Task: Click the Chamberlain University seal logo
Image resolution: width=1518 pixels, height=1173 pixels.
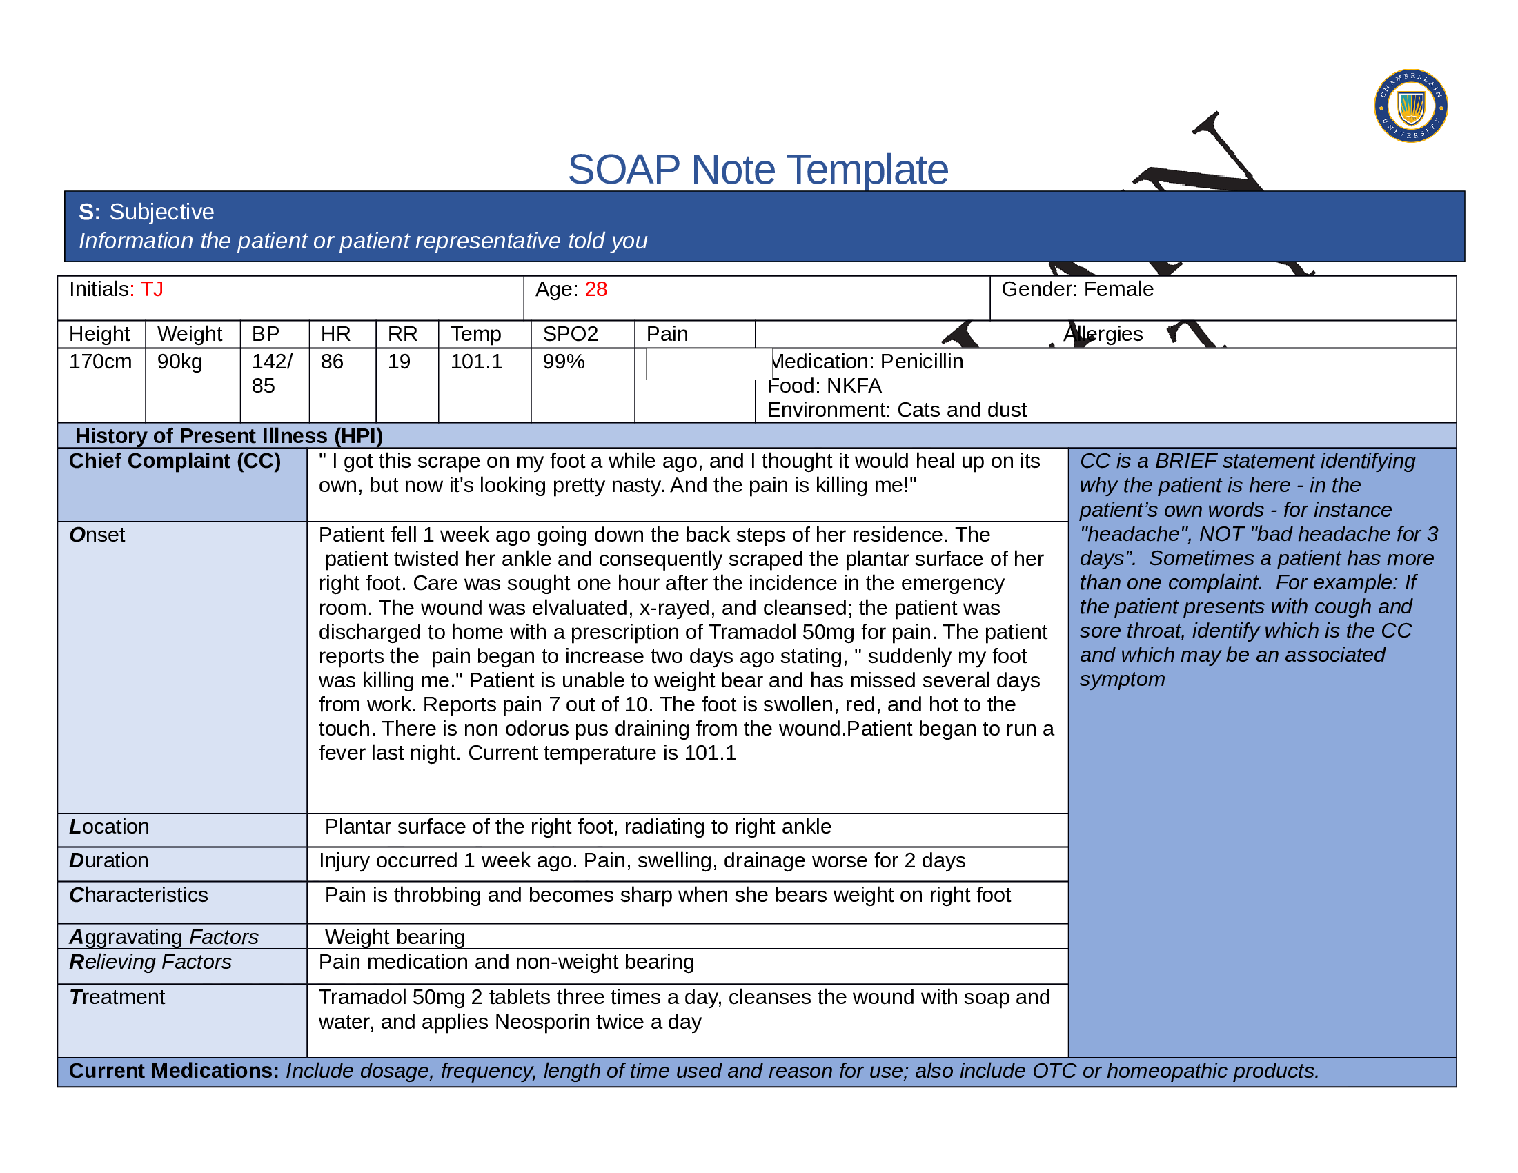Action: click(1410, 106)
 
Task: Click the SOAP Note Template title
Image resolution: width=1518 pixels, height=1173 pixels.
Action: click(758, 170)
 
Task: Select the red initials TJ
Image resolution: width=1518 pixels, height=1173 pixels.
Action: click(152, 289)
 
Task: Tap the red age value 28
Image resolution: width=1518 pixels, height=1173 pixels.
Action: click(595, 289)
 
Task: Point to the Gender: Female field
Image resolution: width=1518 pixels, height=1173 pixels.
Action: click(1076, 289)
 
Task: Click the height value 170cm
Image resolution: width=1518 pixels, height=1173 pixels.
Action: click(100, 362)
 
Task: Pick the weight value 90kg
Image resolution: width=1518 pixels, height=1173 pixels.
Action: click(179, 362)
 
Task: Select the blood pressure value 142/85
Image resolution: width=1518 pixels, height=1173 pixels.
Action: click(271, 373)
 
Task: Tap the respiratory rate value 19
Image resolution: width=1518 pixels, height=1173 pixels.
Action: click(399, 362)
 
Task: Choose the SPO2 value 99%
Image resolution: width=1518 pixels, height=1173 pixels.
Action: click(564, 362)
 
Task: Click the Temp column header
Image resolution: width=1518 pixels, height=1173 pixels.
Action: click(476, 334)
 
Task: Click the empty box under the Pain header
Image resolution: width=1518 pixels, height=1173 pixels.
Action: click(707, 364)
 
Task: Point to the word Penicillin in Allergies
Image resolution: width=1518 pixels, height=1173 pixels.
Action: click(922, 362)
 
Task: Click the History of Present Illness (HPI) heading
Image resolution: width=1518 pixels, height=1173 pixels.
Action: click(228, 435)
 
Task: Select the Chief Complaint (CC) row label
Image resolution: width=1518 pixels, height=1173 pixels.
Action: click(175, 461)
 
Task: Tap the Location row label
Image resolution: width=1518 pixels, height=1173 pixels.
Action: click(109, 826)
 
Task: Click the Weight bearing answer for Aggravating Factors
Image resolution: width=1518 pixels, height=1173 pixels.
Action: click(395, 937)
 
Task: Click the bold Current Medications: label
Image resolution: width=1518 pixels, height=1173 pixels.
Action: click(174, 1071)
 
